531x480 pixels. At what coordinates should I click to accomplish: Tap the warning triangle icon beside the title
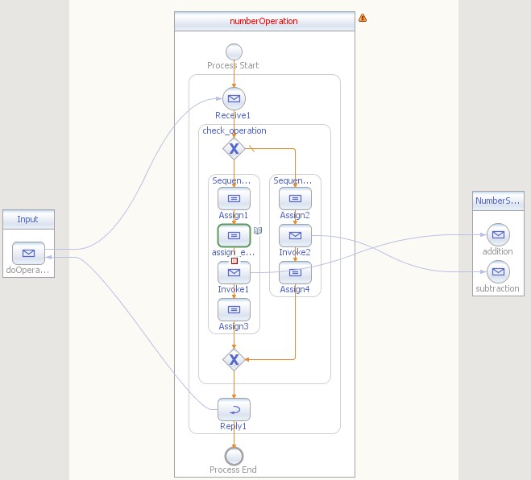point(363,18)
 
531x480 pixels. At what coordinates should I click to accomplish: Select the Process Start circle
point(234,51)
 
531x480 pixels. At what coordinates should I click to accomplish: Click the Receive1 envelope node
point(234,99)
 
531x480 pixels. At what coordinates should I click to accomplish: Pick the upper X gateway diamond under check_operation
point(234,148)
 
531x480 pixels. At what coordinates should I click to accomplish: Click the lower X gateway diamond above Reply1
point(234,359)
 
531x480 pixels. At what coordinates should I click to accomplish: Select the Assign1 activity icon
point(234,198)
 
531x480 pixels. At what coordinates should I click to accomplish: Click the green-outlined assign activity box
point(234,235)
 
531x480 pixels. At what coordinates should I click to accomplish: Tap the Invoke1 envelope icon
point(234,272)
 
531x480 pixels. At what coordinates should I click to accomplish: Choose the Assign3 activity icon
point(234,308)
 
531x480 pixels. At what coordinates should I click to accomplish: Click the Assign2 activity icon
point(295,198)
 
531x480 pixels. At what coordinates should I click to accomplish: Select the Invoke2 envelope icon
point(295,235)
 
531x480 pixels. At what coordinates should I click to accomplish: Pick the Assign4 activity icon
point(295,272)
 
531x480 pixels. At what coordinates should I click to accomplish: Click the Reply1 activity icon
point(234,409)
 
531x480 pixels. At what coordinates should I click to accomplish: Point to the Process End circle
point(234,454)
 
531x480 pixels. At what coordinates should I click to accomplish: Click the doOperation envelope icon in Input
point(28,253)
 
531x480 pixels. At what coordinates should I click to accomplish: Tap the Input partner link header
point(28,219)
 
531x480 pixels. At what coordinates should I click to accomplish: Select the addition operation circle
point(497,235)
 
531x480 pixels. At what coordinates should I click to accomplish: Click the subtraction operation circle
point(497,272)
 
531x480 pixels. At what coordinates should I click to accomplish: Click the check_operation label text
point(234,130)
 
